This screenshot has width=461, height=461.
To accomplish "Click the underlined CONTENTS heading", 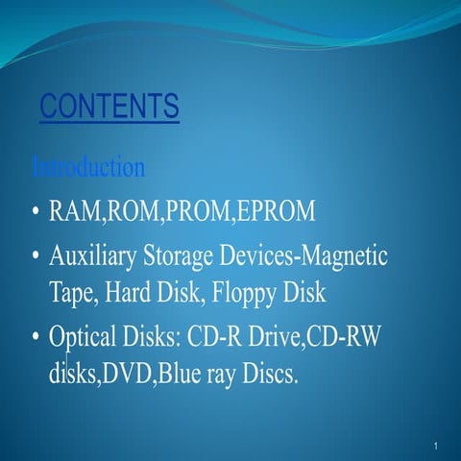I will [x=109, y=107].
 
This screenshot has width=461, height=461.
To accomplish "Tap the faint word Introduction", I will [x=88, y=168].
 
